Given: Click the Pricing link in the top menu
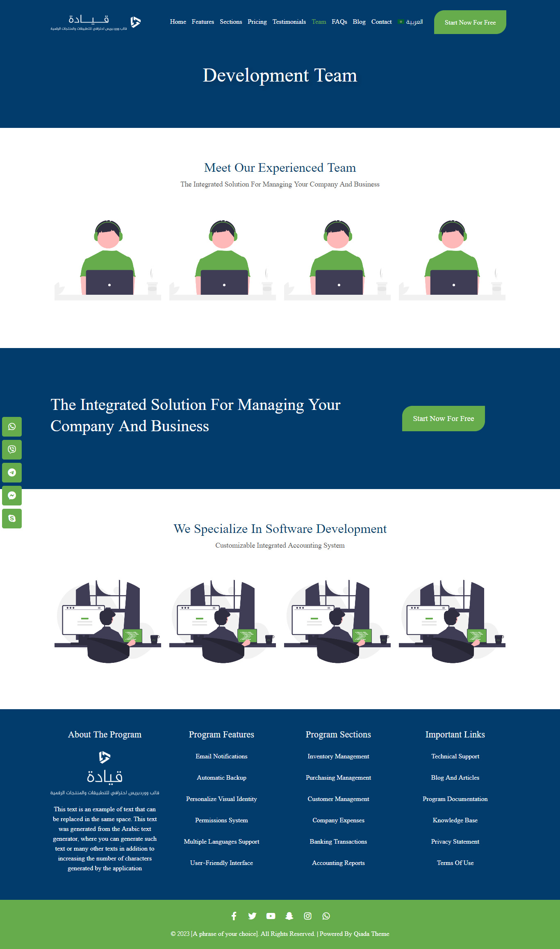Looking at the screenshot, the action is [x=257, y=22].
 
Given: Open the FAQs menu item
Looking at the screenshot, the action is [x=339, y=22].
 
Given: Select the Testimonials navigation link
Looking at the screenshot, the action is [x=289, y=22].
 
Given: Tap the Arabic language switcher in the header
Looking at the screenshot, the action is [x=410, y=22].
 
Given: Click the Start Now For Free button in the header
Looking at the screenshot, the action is [x=470, y=22].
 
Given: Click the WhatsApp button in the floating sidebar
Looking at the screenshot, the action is [x=12, y=427].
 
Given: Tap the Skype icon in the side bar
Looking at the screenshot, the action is [x=12, y=519].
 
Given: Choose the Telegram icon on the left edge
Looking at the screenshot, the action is [x=12, y=473].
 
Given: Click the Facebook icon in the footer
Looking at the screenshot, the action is [x=234, y=916].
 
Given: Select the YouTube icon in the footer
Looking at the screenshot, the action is [x=271, y=916].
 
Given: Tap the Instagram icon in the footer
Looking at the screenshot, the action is [x=307, y=916].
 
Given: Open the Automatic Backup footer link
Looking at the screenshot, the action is [x=221, y=778].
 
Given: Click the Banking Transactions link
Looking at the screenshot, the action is [x=338, y=842].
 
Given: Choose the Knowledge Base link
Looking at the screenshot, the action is [x=455, y=820].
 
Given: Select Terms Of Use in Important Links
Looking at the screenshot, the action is [x=455, y=863].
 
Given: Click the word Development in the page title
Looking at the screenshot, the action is [x=256, y=76].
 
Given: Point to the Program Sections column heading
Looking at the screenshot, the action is [x=338, y=735].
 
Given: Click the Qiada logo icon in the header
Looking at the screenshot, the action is [x=136, y=22].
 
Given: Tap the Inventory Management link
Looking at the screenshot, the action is [x=338, y=756].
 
